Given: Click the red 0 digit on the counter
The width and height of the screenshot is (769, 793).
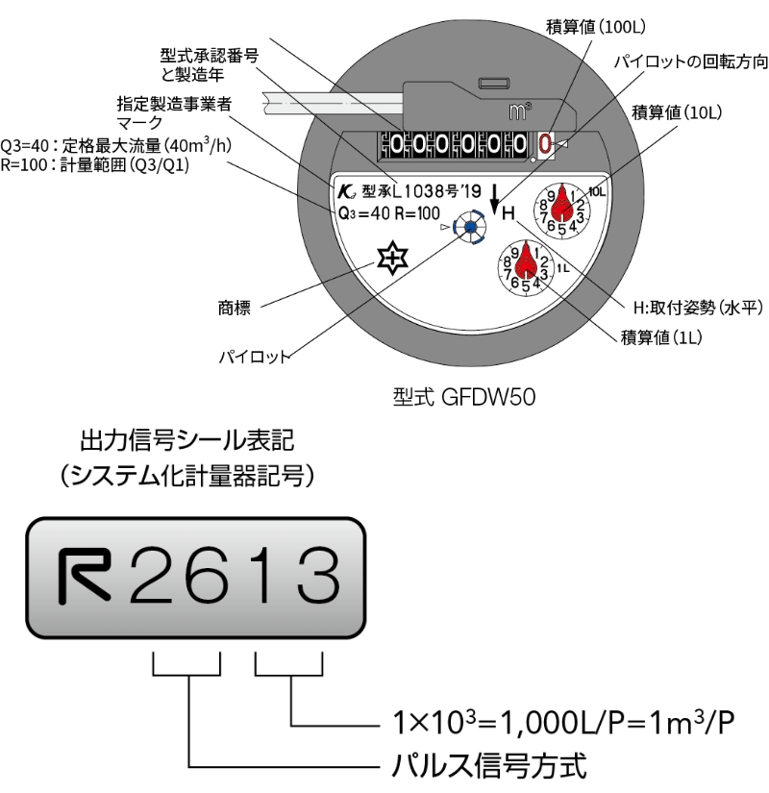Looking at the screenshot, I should coord(545,145).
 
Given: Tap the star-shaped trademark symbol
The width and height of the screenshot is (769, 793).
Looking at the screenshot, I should coord(393,259).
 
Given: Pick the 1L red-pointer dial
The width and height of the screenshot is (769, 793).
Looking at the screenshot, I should coord(526,266).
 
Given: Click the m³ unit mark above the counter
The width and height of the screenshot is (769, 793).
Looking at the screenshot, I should coord(518,112).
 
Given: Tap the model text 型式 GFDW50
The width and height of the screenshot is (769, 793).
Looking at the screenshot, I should coord(463,395).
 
